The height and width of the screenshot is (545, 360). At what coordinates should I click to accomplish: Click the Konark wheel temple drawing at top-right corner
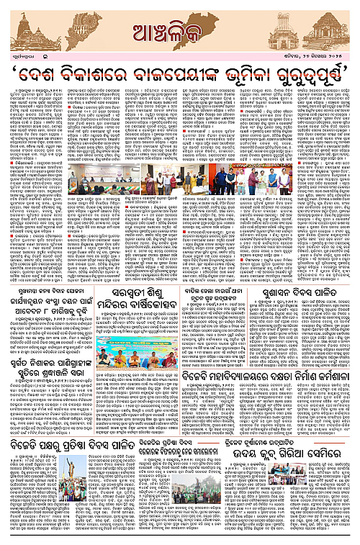click(328, 30)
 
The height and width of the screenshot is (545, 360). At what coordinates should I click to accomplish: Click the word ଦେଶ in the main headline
click(50, 75)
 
